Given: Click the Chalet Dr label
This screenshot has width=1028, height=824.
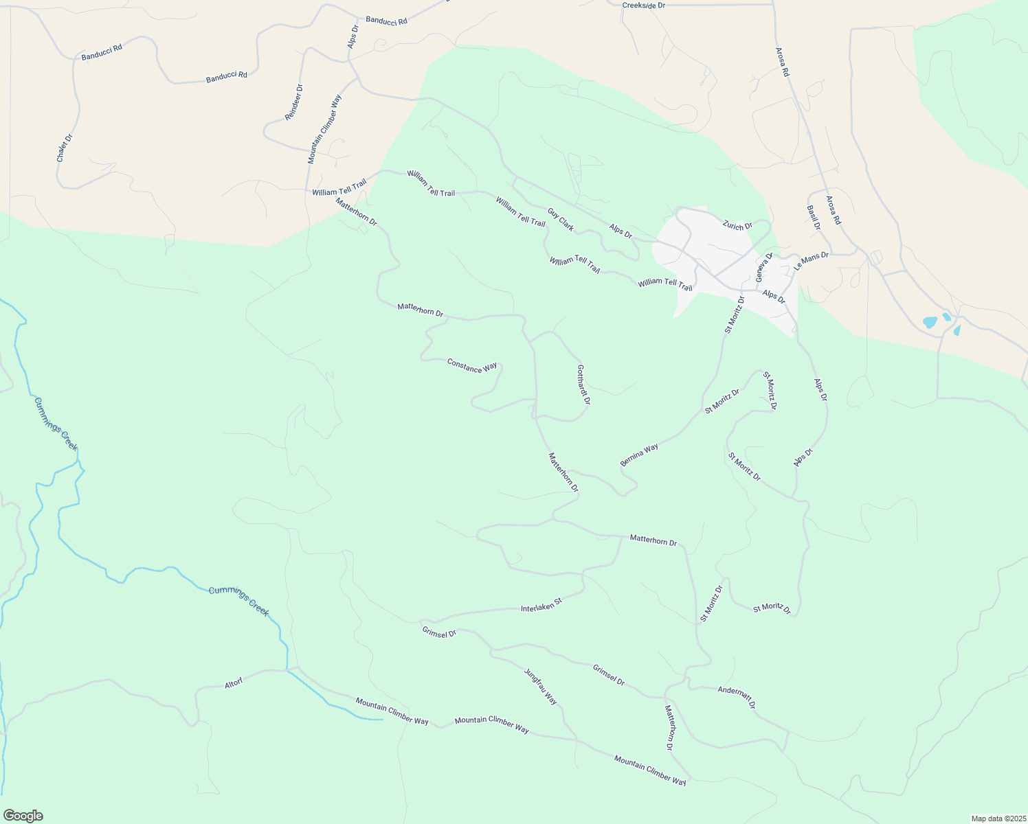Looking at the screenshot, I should pyautogui.click(x=64, y=148).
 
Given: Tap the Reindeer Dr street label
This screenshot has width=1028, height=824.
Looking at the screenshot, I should pyautogui.click(x=294, y=102).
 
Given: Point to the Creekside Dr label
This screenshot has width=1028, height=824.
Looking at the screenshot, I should pyautogui.click(x=644, y=5).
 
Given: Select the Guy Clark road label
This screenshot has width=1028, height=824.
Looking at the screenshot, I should pyautogui.click(x=561, y=219).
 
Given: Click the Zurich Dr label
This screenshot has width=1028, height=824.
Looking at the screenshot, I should pyautogui.click(x=737, y=225).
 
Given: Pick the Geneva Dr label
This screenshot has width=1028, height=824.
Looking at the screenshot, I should pyautogui.click(x=765, y=266).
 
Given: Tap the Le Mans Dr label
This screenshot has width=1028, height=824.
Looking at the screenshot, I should pyautogui.click(x=812, y=260).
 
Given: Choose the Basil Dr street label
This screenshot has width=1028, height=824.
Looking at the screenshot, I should pyautogui.click(x=814, y=217).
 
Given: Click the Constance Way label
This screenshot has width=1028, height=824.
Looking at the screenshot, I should pyautogui.click(x=472, y=365).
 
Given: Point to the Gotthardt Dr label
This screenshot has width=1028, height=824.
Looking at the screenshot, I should pyautogui.click(x=583, y=384).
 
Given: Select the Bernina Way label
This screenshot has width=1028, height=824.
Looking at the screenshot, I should pyautogui.click(x=639, y=455).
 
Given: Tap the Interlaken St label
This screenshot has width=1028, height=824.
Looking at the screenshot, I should pyautogui.click(x=541, y=605).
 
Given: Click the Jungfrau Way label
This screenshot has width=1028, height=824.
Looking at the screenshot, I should pyautogui.click(x=541, y=686).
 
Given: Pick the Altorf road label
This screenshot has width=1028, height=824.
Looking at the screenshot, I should pyautogui.click(x=234, y=684).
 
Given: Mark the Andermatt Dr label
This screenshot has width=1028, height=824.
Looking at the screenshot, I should pyautogui.click(x=737, y=697).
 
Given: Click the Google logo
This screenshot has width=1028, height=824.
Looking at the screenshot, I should pyautogui.click(x=23, y=816).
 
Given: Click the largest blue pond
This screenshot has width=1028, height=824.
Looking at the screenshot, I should pyautogui.click(x=930, y=322).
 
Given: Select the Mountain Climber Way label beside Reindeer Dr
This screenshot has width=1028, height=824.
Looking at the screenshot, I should pyautogui.click(x=324, y=128).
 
